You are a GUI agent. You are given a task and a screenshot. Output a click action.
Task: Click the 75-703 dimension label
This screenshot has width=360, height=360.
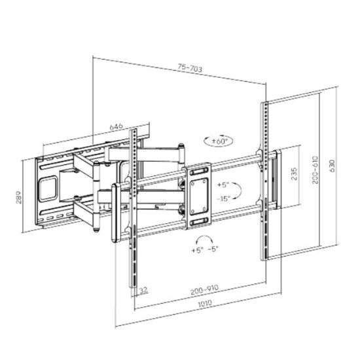click(x=190, y=68)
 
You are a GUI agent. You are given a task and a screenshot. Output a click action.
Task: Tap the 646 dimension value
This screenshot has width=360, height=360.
click(x=116, y=126)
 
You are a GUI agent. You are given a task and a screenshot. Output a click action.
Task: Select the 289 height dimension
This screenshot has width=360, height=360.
click(x=18, y=197)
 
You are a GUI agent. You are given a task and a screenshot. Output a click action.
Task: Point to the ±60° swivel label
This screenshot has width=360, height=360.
click(x=219, y=141)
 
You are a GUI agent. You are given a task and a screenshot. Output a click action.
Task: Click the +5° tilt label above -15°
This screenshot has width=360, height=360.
click(x=223, y=185)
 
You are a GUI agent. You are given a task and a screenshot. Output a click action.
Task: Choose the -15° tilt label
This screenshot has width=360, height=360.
click(x=223, y=198)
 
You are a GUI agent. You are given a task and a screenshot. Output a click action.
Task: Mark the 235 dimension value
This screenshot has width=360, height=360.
click(x=294, y=174)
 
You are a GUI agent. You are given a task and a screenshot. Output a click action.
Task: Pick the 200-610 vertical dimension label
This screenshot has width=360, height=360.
click(x=315, y=170)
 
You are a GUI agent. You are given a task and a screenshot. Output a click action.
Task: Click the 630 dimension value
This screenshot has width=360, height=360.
click(x=332, y=166)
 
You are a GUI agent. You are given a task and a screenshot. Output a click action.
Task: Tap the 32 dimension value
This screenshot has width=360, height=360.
click(x=143, y=290)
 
